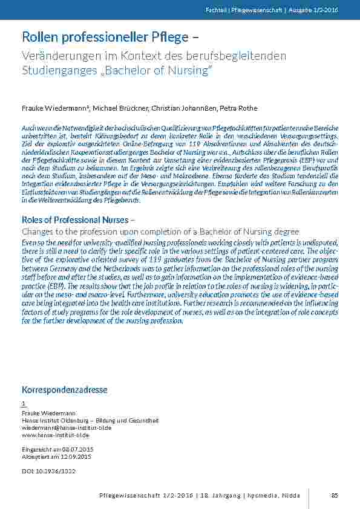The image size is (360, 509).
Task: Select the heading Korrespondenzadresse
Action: pyautogui.click(x=64, y=389)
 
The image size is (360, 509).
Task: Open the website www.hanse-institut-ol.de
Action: pyautogui.click(x=55, y=435)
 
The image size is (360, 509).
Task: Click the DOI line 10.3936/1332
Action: pyautogui.click(x=48, y=470)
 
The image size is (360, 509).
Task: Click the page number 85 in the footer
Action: pyautogui.click(x=334, y=496)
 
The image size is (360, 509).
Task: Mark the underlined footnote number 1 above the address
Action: pyautogui.click(x=24, y=403)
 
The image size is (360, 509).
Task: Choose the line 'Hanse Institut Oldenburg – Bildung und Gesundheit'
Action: pyautogui.click(x=90, y=420)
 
